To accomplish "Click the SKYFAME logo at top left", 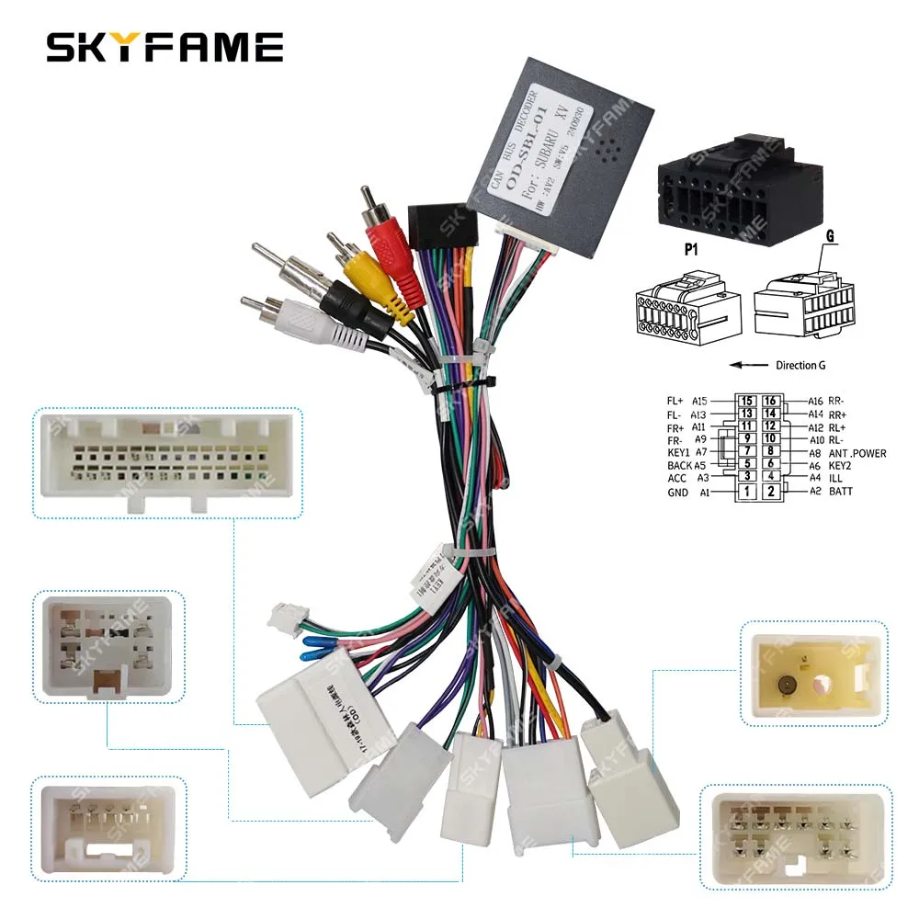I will [x=164, y=47].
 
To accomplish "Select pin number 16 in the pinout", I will [x=770, y=401].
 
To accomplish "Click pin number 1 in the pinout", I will [x=748, y=492].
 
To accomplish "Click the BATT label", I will [x=840, y=492].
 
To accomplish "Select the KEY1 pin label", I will [x=680, y=452].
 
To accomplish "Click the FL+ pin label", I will [x=675, y=401].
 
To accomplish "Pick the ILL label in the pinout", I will [x=834, y=478].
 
